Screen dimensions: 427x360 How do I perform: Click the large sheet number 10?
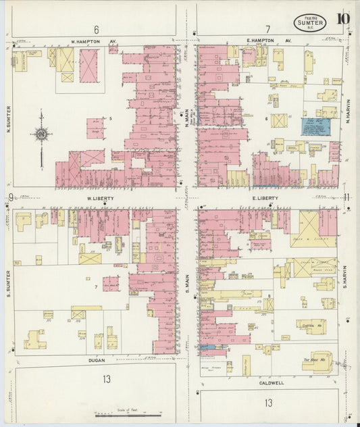click(344, 18)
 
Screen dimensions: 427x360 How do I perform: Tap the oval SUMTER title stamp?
click(311, 23)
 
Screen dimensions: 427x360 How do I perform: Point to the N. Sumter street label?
click(9, 119)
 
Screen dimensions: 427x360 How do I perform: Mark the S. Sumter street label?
click(9, 280)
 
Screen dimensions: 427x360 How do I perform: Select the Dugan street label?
click(98, 361)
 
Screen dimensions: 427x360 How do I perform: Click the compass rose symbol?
click(42, 135)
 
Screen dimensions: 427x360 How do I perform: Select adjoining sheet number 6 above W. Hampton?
click(97, 29)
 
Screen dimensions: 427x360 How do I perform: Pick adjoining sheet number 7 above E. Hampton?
click(268, 29)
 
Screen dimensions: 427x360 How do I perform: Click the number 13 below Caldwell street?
click(269, 403)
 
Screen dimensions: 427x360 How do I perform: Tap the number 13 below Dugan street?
click(106, 379)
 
